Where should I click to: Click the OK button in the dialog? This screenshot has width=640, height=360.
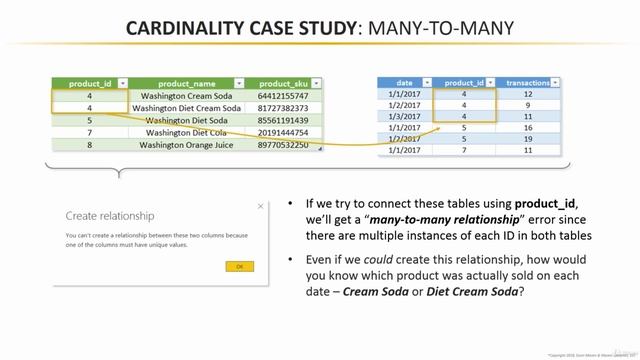click(x=239, y=267)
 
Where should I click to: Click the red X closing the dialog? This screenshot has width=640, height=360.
click(x=261, y=206)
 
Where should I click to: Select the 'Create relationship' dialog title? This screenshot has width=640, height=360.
click(x=110, y=214)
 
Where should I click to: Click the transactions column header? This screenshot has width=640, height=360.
click(x=528, y=83)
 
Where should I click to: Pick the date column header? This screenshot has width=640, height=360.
click(x=404, y=83)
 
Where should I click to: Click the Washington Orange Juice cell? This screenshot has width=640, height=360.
click(x=187, y=145)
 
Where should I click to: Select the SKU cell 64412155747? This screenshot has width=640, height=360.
click(x=285, y=96)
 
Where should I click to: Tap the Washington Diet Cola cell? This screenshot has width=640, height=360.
click(x=187, y=132)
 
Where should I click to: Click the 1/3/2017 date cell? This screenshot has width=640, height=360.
click(x=404, y=117)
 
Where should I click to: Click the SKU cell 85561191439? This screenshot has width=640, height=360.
click(x=285, y=120)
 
